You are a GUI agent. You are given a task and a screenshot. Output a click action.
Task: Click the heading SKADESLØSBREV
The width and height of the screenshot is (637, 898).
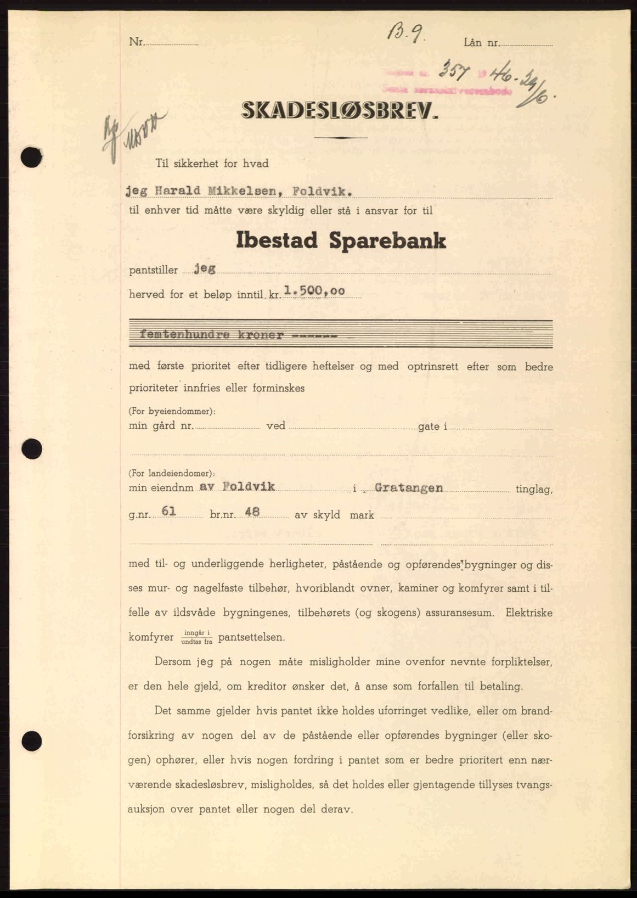[x=340, y=112]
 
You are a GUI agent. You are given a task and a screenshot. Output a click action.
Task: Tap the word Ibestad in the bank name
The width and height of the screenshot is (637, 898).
[x=277, y=241]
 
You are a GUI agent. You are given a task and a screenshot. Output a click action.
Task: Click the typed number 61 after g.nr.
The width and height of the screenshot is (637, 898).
[x=168, y=513]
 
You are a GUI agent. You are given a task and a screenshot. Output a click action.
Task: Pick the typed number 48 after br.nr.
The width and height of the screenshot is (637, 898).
[x=252, y=513]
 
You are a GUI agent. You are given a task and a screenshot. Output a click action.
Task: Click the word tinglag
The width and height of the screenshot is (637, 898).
[x=534, y=489]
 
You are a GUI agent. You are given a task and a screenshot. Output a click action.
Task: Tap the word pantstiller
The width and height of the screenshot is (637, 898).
[x=154, y=270]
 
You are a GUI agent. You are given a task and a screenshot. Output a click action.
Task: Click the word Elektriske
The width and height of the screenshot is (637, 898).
[x=529, y=613]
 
